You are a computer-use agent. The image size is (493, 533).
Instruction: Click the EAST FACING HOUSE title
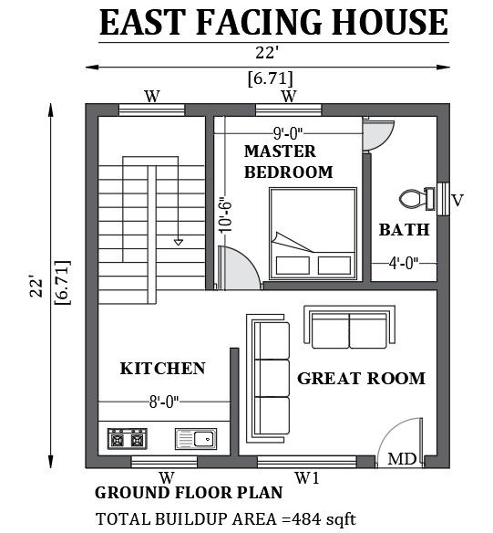(273, 22)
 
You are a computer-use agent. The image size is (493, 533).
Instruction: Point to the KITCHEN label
(163, 369)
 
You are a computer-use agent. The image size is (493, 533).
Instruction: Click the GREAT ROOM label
(362, 378)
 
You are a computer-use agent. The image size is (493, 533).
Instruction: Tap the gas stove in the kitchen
(128, 439)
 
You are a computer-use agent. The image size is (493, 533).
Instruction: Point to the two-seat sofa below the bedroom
(343, 329)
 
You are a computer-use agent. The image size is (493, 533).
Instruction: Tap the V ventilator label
(457, 200)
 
